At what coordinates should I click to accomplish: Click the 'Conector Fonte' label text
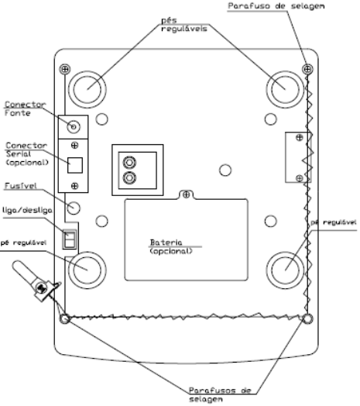[25, 108]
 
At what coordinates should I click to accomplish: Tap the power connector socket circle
[74, 127]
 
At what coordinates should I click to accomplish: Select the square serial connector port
[75, 165]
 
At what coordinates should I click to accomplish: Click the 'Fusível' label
[20, 186]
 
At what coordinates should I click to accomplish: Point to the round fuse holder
[74, 208]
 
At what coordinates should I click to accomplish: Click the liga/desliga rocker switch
[70, 239]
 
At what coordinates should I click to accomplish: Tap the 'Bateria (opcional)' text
[171, 246]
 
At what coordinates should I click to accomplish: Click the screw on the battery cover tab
[186, 194]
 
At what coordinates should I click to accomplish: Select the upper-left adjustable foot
[87, 89]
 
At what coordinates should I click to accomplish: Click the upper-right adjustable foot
[285, 89]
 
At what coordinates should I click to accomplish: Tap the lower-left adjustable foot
[87, 270]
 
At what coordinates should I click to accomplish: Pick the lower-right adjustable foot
[285, 270]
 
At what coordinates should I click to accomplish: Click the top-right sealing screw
[307, 69]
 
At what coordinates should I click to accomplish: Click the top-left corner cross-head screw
[65, 69]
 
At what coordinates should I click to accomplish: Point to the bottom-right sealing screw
[307, 318]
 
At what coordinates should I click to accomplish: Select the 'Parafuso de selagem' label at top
[276, 6]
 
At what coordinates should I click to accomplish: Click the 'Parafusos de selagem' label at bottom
[220, 394]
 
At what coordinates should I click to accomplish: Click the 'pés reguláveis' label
[184, 24]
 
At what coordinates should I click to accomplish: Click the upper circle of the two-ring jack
[129, 163]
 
